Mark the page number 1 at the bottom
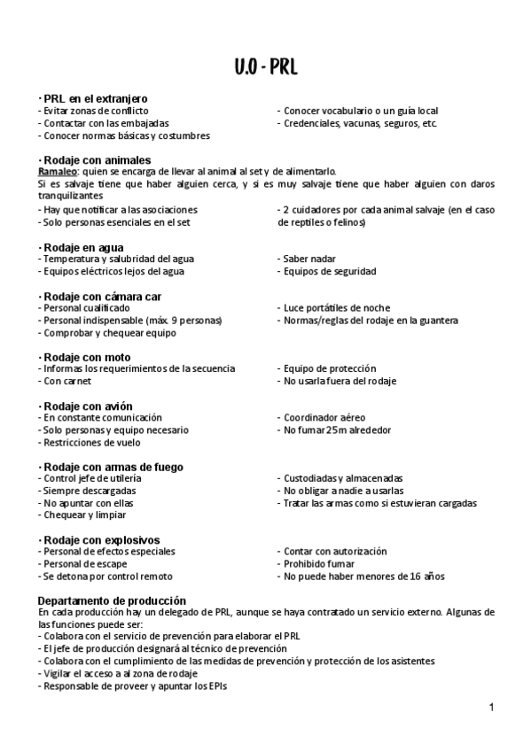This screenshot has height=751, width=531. pos(490,708)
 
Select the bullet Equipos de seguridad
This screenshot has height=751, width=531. pos(329,271)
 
